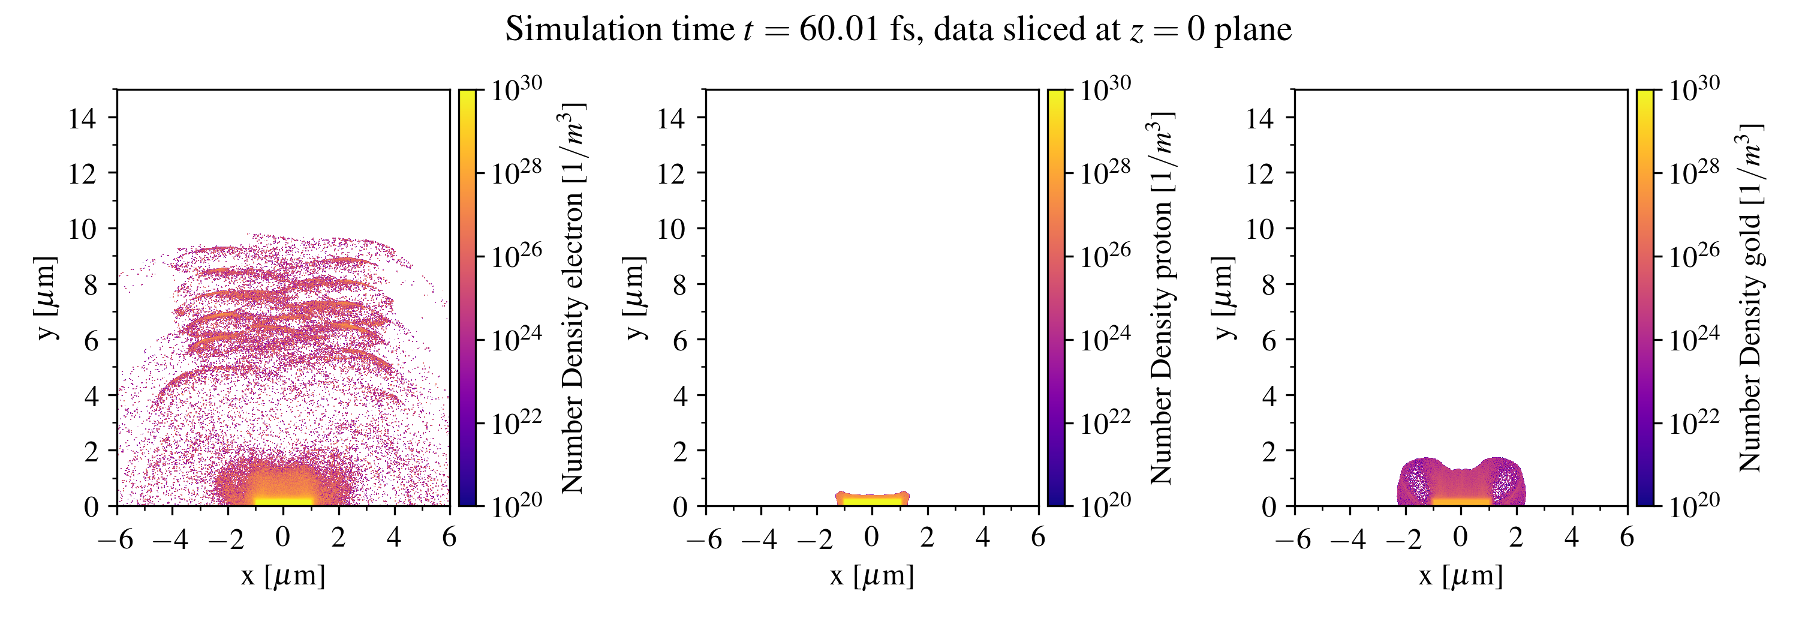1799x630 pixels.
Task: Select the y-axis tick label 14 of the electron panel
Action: coord(82,118)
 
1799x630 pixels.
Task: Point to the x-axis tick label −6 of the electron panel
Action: coord(116,539)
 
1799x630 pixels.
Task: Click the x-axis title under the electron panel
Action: coord(283,576)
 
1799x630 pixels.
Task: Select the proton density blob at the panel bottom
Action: coord(873,499)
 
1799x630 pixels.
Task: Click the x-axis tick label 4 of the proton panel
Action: coord(983,538)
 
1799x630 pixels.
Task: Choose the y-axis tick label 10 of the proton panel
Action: coord(671,229)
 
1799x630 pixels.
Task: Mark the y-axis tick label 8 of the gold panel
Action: coord(1268,285)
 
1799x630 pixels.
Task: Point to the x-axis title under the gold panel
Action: coord(1461,576)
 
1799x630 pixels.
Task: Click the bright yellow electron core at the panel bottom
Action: coord(283,499)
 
